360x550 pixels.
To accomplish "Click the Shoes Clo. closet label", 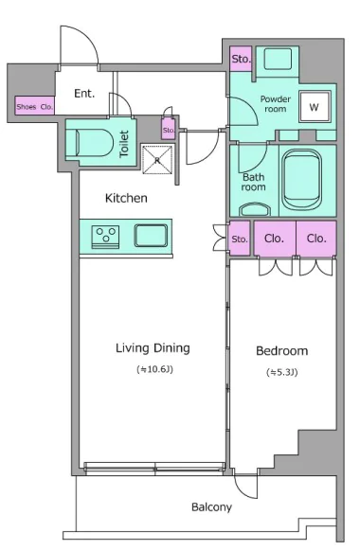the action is [x=34, y=107].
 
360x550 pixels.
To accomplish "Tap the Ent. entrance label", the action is [x=84, y=94].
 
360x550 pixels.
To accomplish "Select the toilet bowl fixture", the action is [x=94, y=143].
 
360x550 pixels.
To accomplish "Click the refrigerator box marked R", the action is [x=157, y=160].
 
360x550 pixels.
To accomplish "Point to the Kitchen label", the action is [x=126, y=198].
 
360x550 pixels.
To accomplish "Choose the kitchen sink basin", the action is [x=151, y=236].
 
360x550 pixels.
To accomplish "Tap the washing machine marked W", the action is [x=315, y=107].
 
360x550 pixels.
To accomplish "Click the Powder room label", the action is [x=276, y=104].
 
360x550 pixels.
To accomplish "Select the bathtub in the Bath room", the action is [x=302, y=180].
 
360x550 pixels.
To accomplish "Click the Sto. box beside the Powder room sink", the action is [x=241, y=59].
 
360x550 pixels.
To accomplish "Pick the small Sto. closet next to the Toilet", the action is [x=168, y=129].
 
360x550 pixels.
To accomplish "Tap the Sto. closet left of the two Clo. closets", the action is [x=240, y=239].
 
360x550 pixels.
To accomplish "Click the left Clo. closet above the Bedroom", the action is [x=275, y=239].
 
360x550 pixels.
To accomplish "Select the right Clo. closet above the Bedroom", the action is [x=316, y=239].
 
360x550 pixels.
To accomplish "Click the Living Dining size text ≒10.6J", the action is [x=154, y=369].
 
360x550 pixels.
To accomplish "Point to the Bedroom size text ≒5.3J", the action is [x=282, y=372].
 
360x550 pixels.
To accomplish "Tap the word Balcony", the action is [x=211, y=507].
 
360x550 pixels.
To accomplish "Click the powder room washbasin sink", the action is [x=278, y=59].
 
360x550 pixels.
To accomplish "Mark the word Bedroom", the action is [x=282, y=351].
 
